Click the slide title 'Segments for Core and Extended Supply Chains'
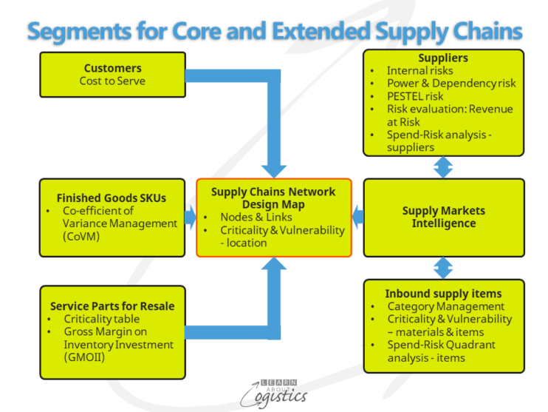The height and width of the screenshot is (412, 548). click(274, 30)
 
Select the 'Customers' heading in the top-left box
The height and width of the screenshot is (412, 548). click(112, 68)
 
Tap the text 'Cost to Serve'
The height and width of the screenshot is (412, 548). click(112, 81)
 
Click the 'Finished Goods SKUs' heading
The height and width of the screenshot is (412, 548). click(112, 197)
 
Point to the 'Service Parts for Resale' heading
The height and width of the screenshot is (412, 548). click(112, 305)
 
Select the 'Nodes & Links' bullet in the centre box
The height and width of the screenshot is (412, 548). click(256, 217)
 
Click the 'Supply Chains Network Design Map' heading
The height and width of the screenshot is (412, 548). click(273, 197)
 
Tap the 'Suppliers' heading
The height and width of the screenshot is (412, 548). click(443, 58)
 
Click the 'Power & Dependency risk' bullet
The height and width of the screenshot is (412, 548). click(451, 84)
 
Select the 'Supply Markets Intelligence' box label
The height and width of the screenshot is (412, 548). click(443, 217)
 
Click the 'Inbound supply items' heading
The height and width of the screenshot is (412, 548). click(443, 294)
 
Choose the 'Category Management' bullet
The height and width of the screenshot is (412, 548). click(445, 306)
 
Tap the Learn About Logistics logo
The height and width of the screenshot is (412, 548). click(273, 391)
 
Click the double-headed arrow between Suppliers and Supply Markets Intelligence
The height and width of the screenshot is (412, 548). click(443, 167)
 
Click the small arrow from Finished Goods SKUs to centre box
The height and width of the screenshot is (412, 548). click(190, 217)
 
